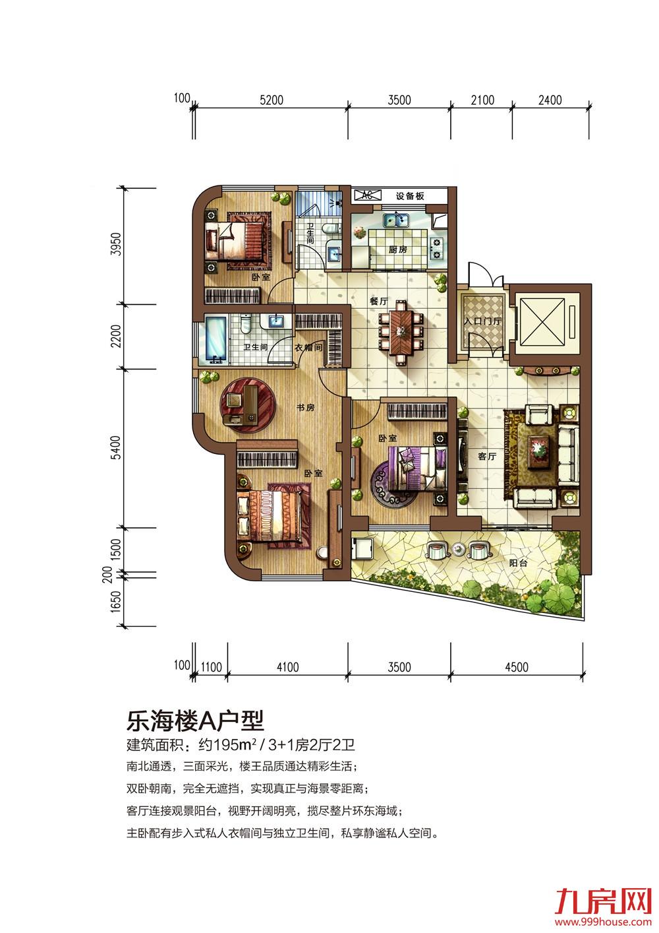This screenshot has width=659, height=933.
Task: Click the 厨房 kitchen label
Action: point(398,249)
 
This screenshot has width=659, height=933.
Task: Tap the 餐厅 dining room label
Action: point(378,301)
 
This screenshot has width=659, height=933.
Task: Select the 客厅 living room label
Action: point(487,456)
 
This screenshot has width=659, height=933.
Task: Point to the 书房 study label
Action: point(305,407)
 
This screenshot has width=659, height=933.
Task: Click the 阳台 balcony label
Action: point(519,563)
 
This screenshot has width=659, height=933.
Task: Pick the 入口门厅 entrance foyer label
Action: point(483,321)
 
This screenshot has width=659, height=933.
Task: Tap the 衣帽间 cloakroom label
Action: point(308,347)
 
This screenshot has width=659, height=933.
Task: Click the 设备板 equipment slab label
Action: point(410,196)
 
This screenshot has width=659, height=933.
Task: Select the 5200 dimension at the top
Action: point(272,100)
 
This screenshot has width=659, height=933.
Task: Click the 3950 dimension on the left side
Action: point(118,245)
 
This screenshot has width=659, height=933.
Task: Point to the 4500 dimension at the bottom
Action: point(516,667)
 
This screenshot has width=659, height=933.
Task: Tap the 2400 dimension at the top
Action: point(550,100)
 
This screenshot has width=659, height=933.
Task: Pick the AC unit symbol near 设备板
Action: point(367,195)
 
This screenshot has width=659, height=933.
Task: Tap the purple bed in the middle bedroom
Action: point(412,468)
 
